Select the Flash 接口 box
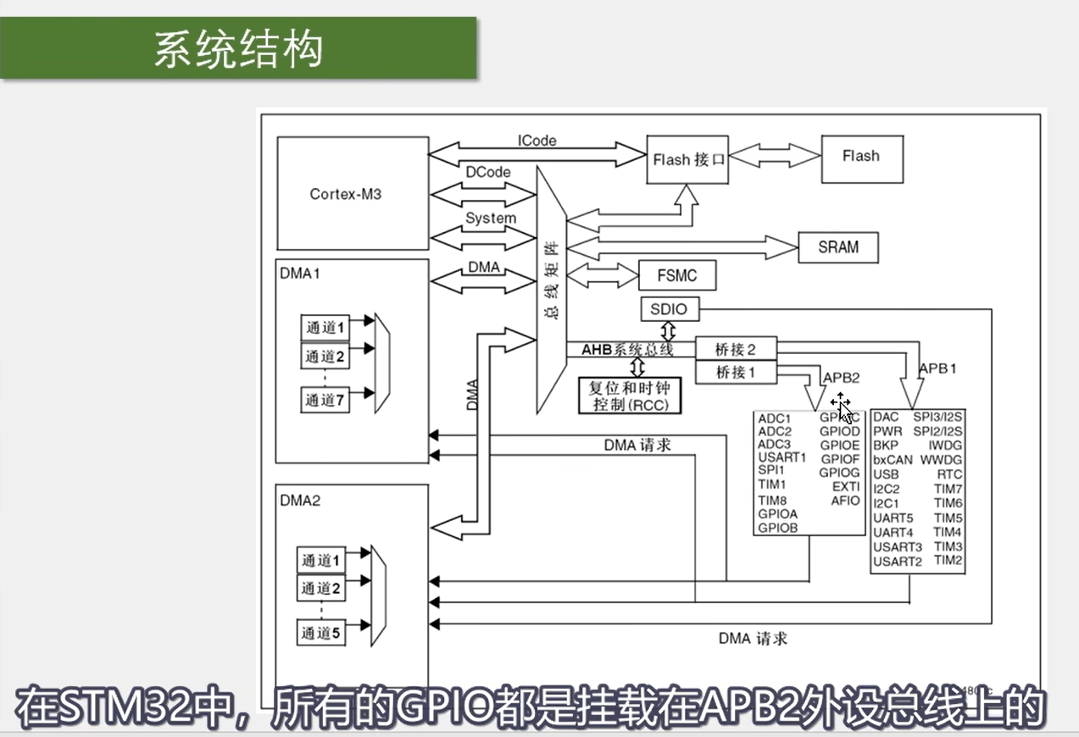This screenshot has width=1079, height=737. click(x=689, y=158)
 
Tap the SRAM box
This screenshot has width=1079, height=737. click(x=837, y=247)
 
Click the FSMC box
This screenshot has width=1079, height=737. click(x=677, y=275)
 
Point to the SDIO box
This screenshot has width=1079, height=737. click(x=669, y=310)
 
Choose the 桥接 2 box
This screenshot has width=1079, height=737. click(x=734, y=348)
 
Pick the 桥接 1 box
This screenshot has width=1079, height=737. click(x=734, y=372)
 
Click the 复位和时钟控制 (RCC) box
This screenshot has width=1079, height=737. click(x=629, y=396)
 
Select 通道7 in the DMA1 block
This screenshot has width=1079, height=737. click(x=325, y=400)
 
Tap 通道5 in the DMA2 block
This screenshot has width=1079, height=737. click(x=321, y=632)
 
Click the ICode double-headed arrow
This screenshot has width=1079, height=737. click(x=537, y=154)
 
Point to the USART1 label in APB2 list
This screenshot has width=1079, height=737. click(x=781, y=457)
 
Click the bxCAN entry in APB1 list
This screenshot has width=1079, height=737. click(x=893, y=460)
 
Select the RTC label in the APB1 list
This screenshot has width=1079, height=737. click(x=950, y=474)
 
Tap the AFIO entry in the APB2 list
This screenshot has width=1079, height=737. click(x=845, y=501)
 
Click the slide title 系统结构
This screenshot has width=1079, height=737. click(x=238, y=49)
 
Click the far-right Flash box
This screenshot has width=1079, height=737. click(x=860, y=157)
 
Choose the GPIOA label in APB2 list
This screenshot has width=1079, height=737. click(x=777, y=513)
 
